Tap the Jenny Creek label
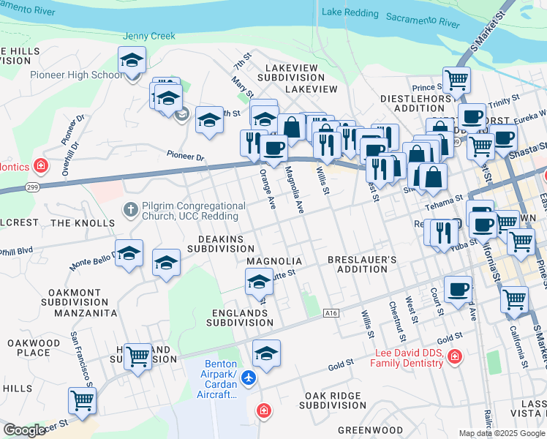149,36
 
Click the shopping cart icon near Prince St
457,80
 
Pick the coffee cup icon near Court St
458,290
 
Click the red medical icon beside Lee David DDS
455,356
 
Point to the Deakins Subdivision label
220,244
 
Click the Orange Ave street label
266,188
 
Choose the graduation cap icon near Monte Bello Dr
129,253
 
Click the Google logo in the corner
25,430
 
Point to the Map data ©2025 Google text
502,433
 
